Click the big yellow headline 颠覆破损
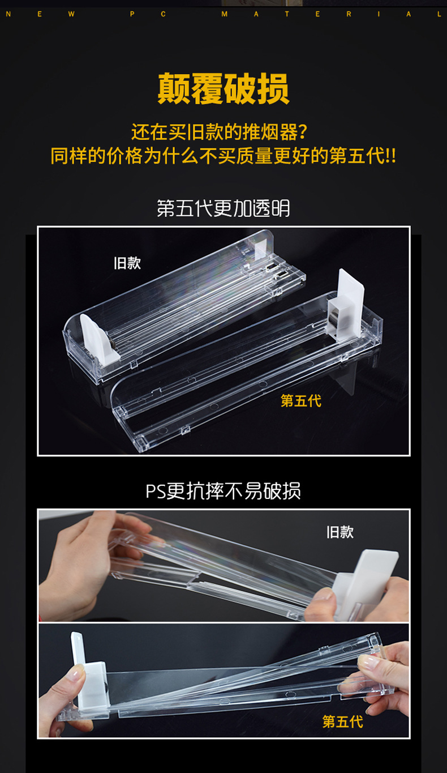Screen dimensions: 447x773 (x=223, y=89)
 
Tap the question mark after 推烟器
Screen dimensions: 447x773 (x=303, y=131)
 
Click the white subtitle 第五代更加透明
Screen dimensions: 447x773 (x=223, y=208)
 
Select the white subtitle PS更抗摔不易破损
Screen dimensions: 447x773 (x=223, y=490)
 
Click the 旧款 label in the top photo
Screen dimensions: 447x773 (x=127, y=263)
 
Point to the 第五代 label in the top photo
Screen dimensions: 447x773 (x=301, y=400)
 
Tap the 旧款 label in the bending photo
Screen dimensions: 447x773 (x=340, y=532)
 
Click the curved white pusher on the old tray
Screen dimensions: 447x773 (x=98, y=339)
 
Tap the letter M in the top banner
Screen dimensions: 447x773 (x=224, y=14)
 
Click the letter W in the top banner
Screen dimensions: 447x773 (x=71, y=14)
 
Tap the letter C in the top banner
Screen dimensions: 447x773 (x=163, y=14)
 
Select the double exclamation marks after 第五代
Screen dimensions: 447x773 (x=391, y=156)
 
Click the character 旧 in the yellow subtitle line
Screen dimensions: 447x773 (x=195, y=131)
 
